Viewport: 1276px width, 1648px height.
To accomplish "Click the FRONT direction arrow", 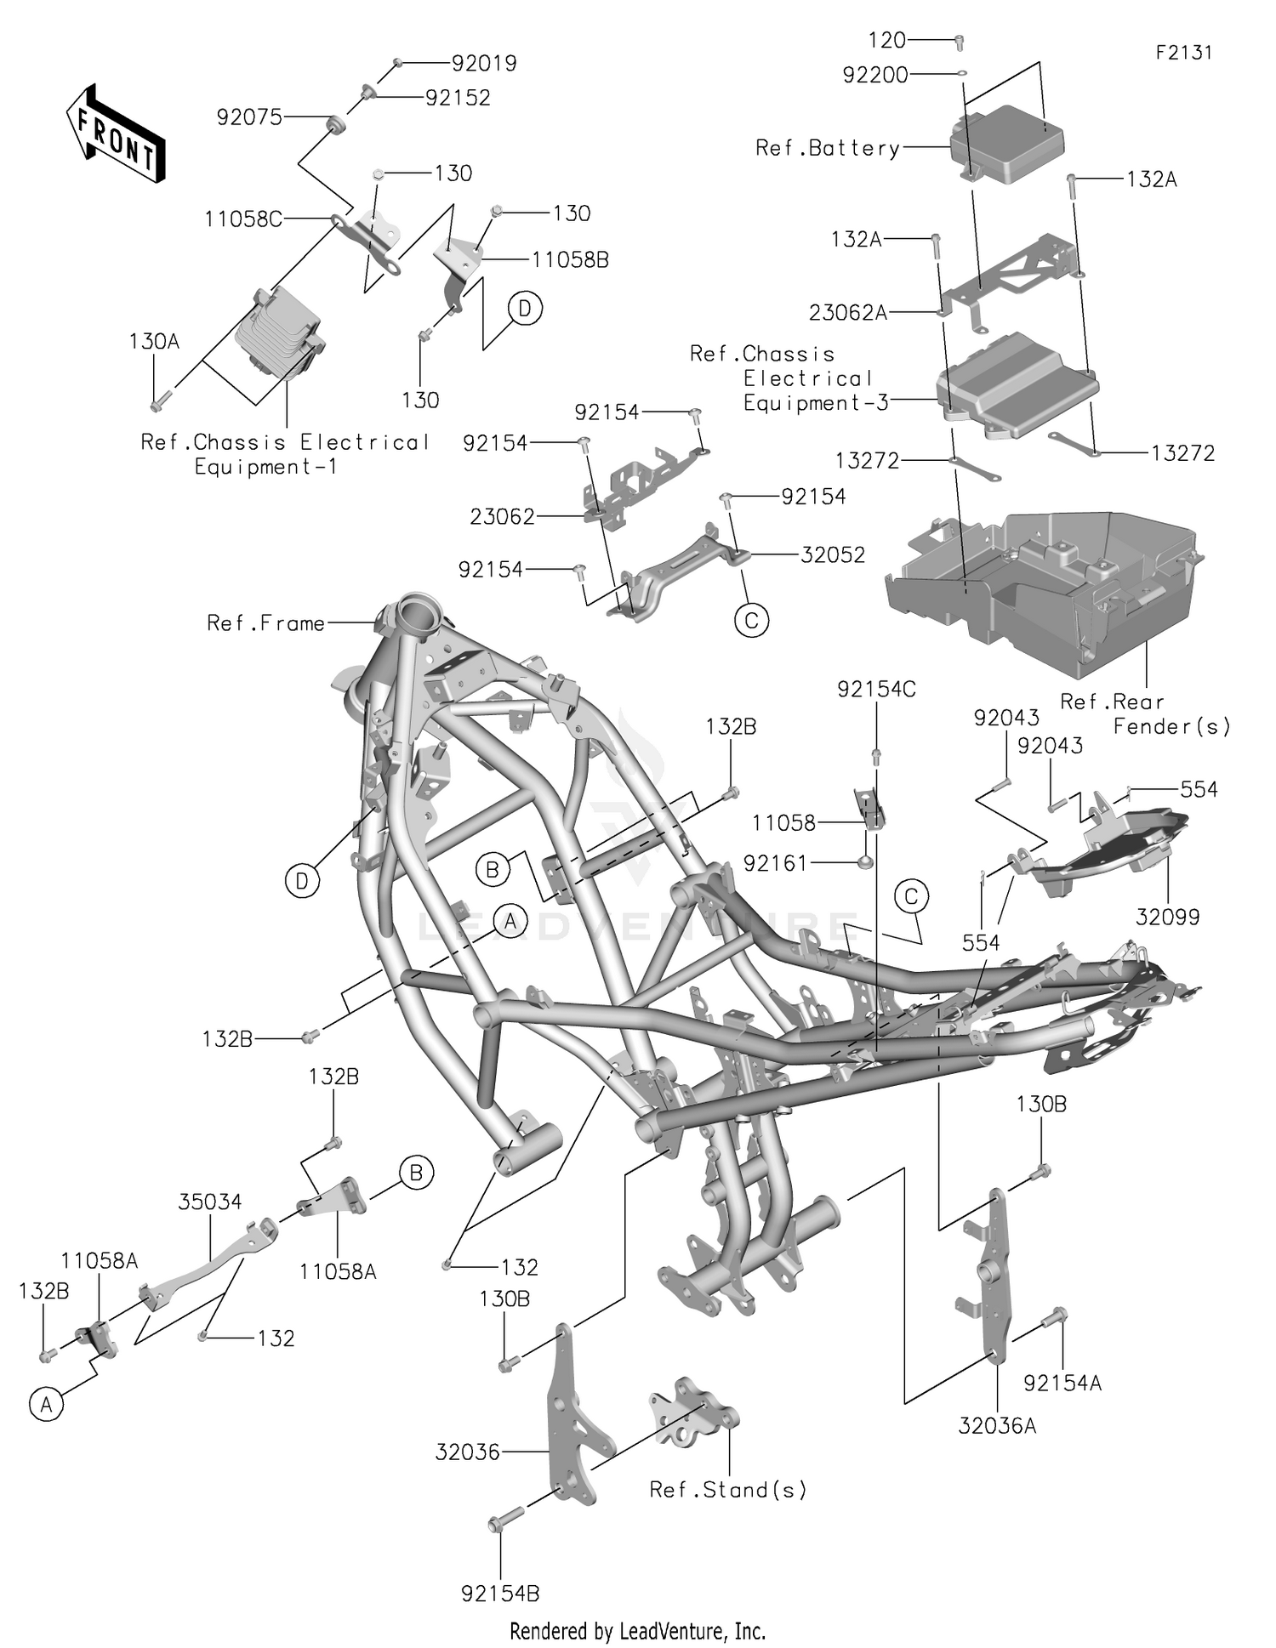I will [116, 133].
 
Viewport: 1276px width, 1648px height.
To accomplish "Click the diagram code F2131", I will [1183, 53].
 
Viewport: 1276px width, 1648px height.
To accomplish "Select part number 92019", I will [484, 64].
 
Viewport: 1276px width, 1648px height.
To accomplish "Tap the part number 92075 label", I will [249, 117].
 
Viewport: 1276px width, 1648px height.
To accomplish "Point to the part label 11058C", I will [243, 219].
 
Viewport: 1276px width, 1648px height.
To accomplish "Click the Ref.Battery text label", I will [827, 149].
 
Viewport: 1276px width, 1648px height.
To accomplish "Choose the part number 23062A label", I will [847, 313].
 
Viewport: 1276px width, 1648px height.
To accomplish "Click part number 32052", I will [833, 554].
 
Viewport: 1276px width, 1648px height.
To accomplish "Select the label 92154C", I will [876, 690].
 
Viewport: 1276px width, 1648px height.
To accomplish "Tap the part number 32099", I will [1167, 917].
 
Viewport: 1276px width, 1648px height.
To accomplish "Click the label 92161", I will [775, 863].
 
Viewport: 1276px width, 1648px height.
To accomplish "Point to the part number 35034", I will [209, 1202].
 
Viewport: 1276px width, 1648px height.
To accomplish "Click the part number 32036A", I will [997, 1426].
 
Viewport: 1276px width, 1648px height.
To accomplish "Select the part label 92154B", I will [500, 1594].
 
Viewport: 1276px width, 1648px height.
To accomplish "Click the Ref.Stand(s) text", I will [727, 1490].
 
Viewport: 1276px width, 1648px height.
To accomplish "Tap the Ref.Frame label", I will [265, 623].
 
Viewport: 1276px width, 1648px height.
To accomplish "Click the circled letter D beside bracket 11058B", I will [525, 310].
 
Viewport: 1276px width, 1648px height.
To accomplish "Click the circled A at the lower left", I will [46, 1406].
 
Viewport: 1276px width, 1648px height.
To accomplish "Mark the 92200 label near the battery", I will [875, 75].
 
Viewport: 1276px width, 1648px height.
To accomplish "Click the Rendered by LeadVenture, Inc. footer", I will [637, 1631].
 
